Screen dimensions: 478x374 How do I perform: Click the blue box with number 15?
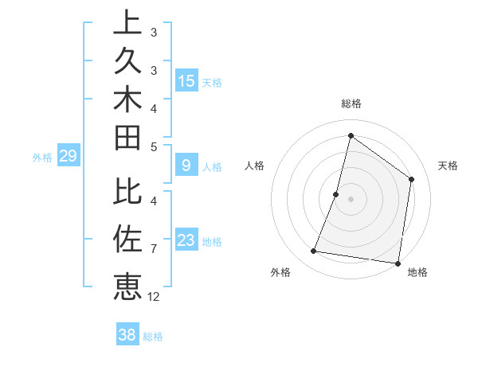click(186, 81)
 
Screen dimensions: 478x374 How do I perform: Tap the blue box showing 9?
click(186, 166)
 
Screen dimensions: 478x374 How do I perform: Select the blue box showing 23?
click(186, 240)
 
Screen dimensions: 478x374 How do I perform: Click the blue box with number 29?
click(69, 156)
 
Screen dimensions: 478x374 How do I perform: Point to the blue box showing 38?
click(127, 335)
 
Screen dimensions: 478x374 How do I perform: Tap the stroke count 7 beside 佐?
click(153, 249)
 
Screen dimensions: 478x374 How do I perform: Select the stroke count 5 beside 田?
click(153, 146)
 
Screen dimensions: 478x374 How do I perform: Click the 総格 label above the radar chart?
click(351, 103)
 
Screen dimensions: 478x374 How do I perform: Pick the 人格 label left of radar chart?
click(255, 166)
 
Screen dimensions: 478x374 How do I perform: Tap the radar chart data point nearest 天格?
click(412, 179)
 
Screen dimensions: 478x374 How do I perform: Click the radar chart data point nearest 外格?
click(314, 251)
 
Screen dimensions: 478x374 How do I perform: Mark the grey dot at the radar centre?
click(351, 199)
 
